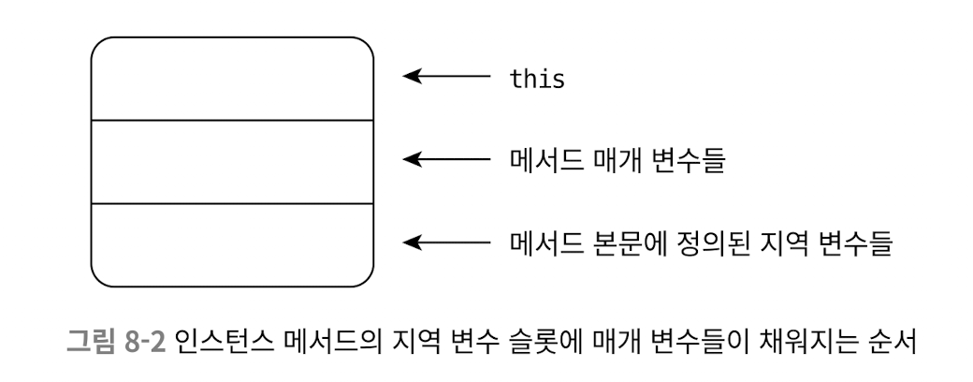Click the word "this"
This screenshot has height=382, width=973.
536,79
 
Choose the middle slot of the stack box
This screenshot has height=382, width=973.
232,161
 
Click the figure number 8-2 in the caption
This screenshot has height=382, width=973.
143,338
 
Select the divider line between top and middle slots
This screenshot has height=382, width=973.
232,121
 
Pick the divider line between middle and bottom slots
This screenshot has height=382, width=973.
232,203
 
